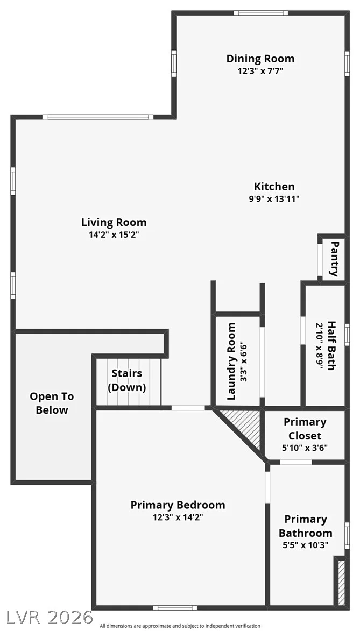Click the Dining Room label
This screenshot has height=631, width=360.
coord(260,59)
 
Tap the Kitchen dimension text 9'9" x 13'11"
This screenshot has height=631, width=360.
coord(274,198)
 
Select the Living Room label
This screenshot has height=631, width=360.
coord(114,222)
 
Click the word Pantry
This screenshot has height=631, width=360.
coord(334,258)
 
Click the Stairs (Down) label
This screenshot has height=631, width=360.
coord(127,380)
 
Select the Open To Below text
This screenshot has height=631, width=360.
coord(52,403)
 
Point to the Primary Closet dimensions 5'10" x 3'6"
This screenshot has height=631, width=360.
coord(305,448)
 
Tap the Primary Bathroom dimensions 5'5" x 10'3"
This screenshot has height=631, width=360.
coord(306,545)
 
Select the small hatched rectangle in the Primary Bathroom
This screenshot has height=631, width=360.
coord(342,582)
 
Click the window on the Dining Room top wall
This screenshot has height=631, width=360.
coord(261,13)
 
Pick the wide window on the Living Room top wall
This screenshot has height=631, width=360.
coord(98,117)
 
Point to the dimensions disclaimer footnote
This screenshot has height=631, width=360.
coord(180,626)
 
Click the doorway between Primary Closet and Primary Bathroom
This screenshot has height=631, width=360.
coord(295,462)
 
